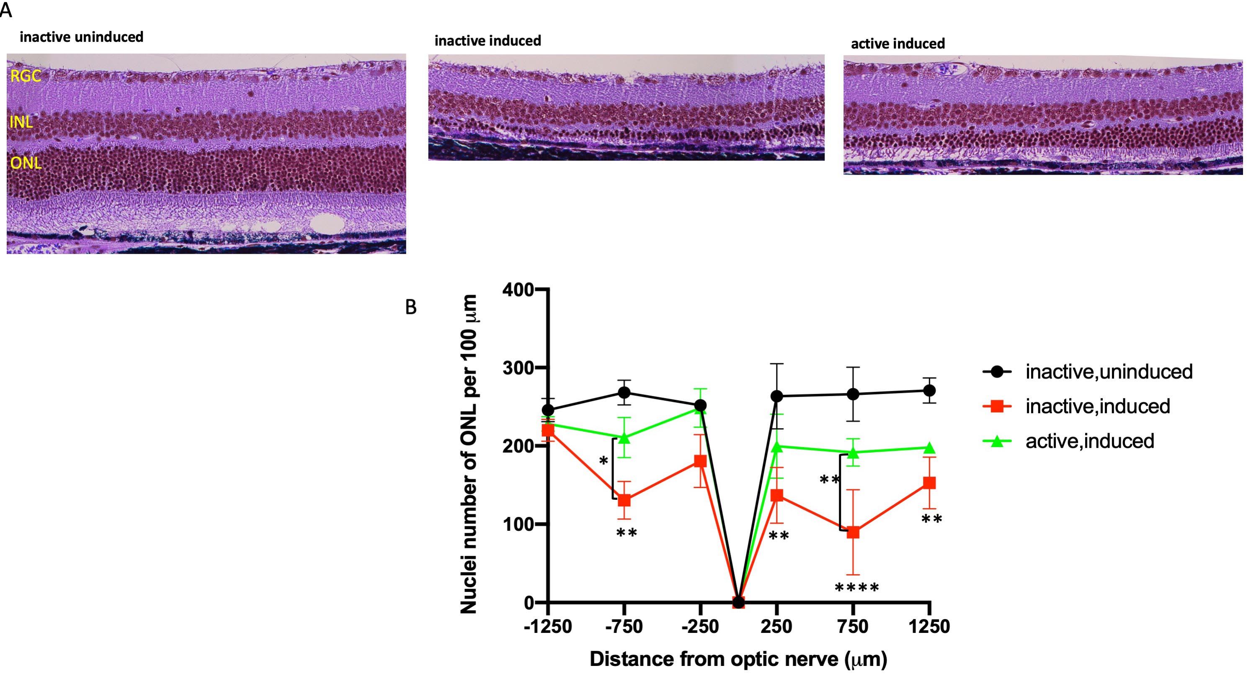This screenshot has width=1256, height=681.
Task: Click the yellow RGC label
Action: pyautogui.click(x=26, y=76)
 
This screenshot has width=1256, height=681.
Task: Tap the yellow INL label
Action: pyautogui.click(x=21, y=122)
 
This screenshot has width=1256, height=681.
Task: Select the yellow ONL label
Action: pyautogui.click(x=26, y=163)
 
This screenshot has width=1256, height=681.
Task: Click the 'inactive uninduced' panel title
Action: pyautogui.click(x=81, y=37)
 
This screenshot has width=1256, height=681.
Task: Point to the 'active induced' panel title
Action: pyautogui.click(x=898, y=44)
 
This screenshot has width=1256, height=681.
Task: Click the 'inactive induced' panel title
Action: pyautogui.click(x=487, y=41)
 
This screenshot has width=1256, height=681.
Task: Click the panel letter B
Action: pyautogui.click(x=410, y=307)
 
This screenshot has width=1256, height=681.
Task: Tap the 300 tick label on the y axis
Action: pyautogui.click(x=518, y=368)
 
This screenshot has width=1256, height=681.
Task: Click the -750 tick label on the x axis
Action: pyautogui.click(x=624, y=627)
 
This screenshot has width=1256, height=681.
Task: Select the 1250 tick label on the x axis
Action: pyautogui.click(x=929, y=627)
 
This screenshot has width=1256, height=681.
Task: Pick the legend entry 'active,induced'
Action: pyautogui.click(x=1089, y=441)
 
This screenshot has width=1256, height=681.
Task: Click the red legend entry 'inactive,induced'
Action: pyautogui.click(x=1097, y=406)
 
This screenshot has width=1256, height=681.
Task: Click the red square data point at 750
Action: pyautogui.click(x=853, y=532)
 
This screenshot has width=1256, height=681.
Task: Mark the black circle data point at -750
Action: pyautogui.click(x=624, y=393)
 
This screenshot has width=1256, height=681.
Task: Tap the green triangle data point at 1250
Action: pyautogui.click(x=929, y=448)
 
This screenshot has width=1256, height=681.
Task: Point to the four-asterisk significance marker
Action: pyautogui.click(x=857, y=588)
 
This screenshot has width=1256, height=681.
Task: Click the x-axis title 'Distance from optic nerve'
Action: pyautogui.click(x=738, y=659)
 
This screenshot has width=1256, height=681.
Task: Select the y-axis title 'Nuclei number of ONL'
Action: pyautogui.click(x=469, y=453)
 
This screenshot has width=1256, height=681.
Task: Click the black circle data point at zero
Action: pyautogui.click(x=739, y=603)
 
